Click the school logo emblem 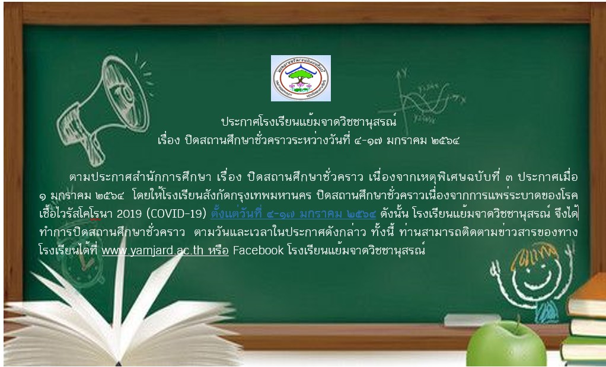301,78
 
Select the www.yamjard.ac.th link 152,251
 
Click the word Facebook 258,250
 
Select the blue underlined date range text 294,213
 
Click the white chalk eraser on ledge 472,320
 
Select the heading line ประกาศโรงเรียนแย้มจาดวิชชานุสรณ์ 309,122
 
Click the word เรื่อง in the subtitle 168,141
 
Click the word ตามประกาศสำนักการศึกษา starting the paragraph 140,177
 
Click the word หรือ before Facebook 218,250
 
